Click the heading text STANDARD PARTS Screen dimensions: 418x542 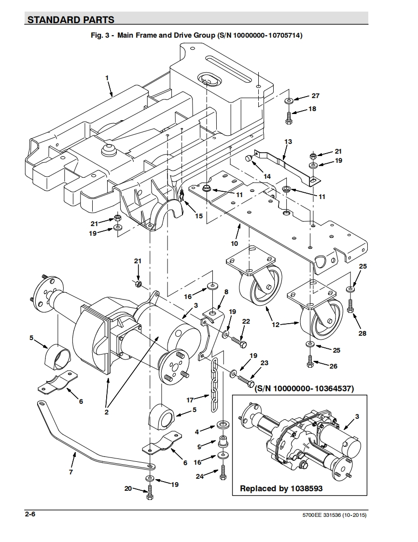(x=71, y=20)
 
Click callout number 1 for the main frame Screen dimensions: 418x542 (x=107, y=78)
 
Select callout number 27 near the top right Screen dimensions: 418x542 (x=315, y=96)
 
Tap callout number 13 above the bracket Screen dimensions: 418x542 (x=288, y=142)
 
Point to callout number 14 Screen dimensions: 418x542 (x=267, y=176)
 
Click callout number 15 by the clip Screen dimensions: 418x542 (x=199, y=216)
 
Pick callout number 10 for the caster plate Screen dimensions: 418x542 (x=235, y=243)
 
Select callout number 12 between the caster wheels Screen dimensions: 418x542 (x=276, y=325)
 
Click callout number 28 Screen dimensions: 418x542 (x=362, y=333)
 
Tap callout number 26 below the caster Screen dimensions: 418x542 (x=334, y=366)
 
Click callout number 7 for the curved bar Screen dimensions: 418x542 (x=71, y=472)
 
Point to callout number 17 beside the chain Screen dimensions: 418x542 (x=190, y=400)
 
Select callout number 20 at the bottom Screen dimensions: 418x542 (x=128, y=488)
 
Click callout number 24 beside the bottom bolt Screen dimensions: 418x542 (x=200, y=476)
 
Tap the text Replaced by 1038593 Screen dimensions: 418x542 (x=281, y=488)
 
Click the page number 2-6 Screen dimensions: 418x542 (x=30, y=514)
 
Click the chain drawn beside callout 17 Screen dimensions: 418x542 (x=214, y=385)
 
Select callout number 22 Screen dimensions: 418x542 (x=246, y=321)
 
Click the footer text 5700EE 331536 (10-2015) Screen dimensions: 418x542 (x=334, y=515)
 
